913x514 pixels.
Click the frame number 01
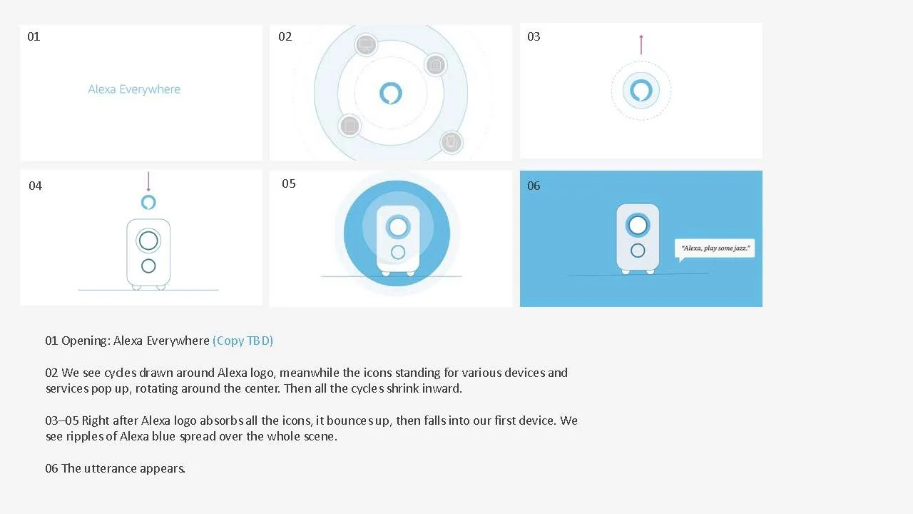point(34,36)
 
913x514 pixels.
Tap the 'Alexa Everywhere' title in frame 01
point(134,89)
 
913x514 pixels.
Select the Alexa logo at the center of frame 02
point(390,93)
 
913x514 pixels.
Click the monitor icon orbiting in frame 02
point(366,44)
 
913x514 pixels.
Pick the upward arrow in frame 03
point(641,44)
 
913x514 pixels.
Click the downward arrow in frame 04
point(148,181)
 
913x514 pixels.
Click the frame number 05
point(289,183)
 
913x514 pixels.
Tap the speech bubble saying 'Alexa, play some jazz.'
point(715,249)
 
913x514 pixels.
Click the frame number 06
point(534,186)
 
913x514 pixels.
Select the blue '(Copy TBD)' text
point(243,341)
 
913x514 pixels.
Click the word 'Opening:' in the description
point(86,341)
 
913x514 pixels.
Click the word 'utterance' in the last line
point(110,468)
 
